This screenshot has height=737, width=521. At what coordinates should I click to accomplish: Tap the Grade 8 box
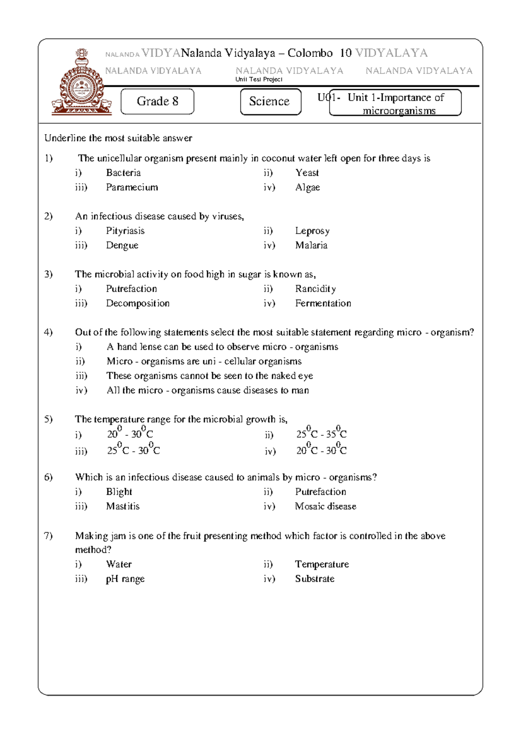(x=157, y=102)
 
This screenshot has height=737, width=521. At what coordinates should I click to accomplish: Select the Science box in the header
(x=270, y=102)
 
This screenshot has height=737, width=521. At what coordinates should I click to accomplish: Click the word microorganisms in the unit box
(x=399, y=111)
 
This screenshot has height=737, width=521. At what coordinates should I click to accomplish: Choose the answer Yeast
(x=307, y=173)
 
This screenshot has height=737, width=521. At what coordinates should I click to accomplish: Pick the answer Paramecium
(x=132, y=188)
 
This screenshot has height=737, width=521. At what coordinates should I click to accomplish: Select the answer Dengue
(x=122, y=245)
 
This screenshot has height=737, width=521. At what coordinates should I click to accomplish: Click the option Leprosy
(x=312, y=231)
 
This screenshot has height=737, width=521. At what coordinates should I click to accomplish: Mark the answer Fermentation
(x=323, y=303)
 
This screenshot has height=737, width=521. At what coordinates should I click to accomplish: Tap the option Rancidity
(x=315, y=289)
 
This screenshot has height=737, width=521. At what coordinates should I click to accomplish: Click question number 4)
(x=48, y=332)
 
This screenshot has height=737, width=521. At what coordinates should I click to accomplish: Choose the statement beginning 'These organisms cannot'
(x=210, y=376)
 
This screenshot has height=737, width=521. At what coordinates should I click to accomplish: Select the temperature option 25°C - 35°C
(x=321, y=434)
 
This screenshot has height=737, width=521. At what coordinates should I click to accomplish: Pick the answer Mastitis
(x=123, y=507)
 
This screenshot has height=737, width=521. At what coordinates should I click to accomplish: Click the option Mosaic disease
(x=326, y=507)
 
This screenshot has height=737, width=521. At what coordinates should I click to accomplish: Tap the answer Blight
(x=119, y=492)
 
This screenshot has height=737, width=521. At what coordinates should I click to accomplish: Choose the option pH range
(x=125, y=579)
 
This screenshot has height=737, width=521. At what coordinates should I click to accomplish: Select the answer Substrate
(x=315, y=579)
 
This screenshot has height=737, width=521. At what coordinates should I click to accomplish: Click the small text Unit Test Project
(x=259, y=79)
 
